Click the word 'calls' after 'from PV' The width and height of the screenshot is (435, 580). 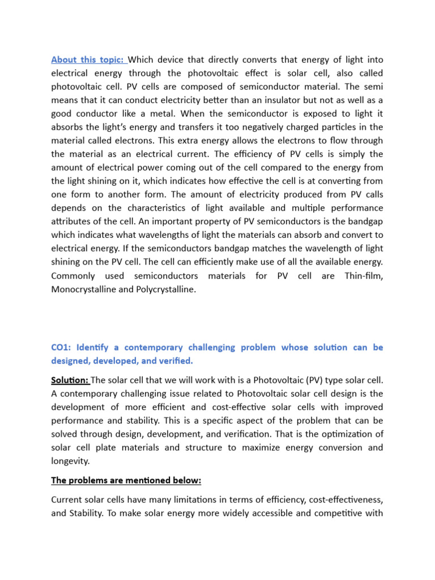click(369, 195)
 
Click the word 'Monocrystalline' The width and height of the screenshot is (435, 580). click(87, 289)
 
